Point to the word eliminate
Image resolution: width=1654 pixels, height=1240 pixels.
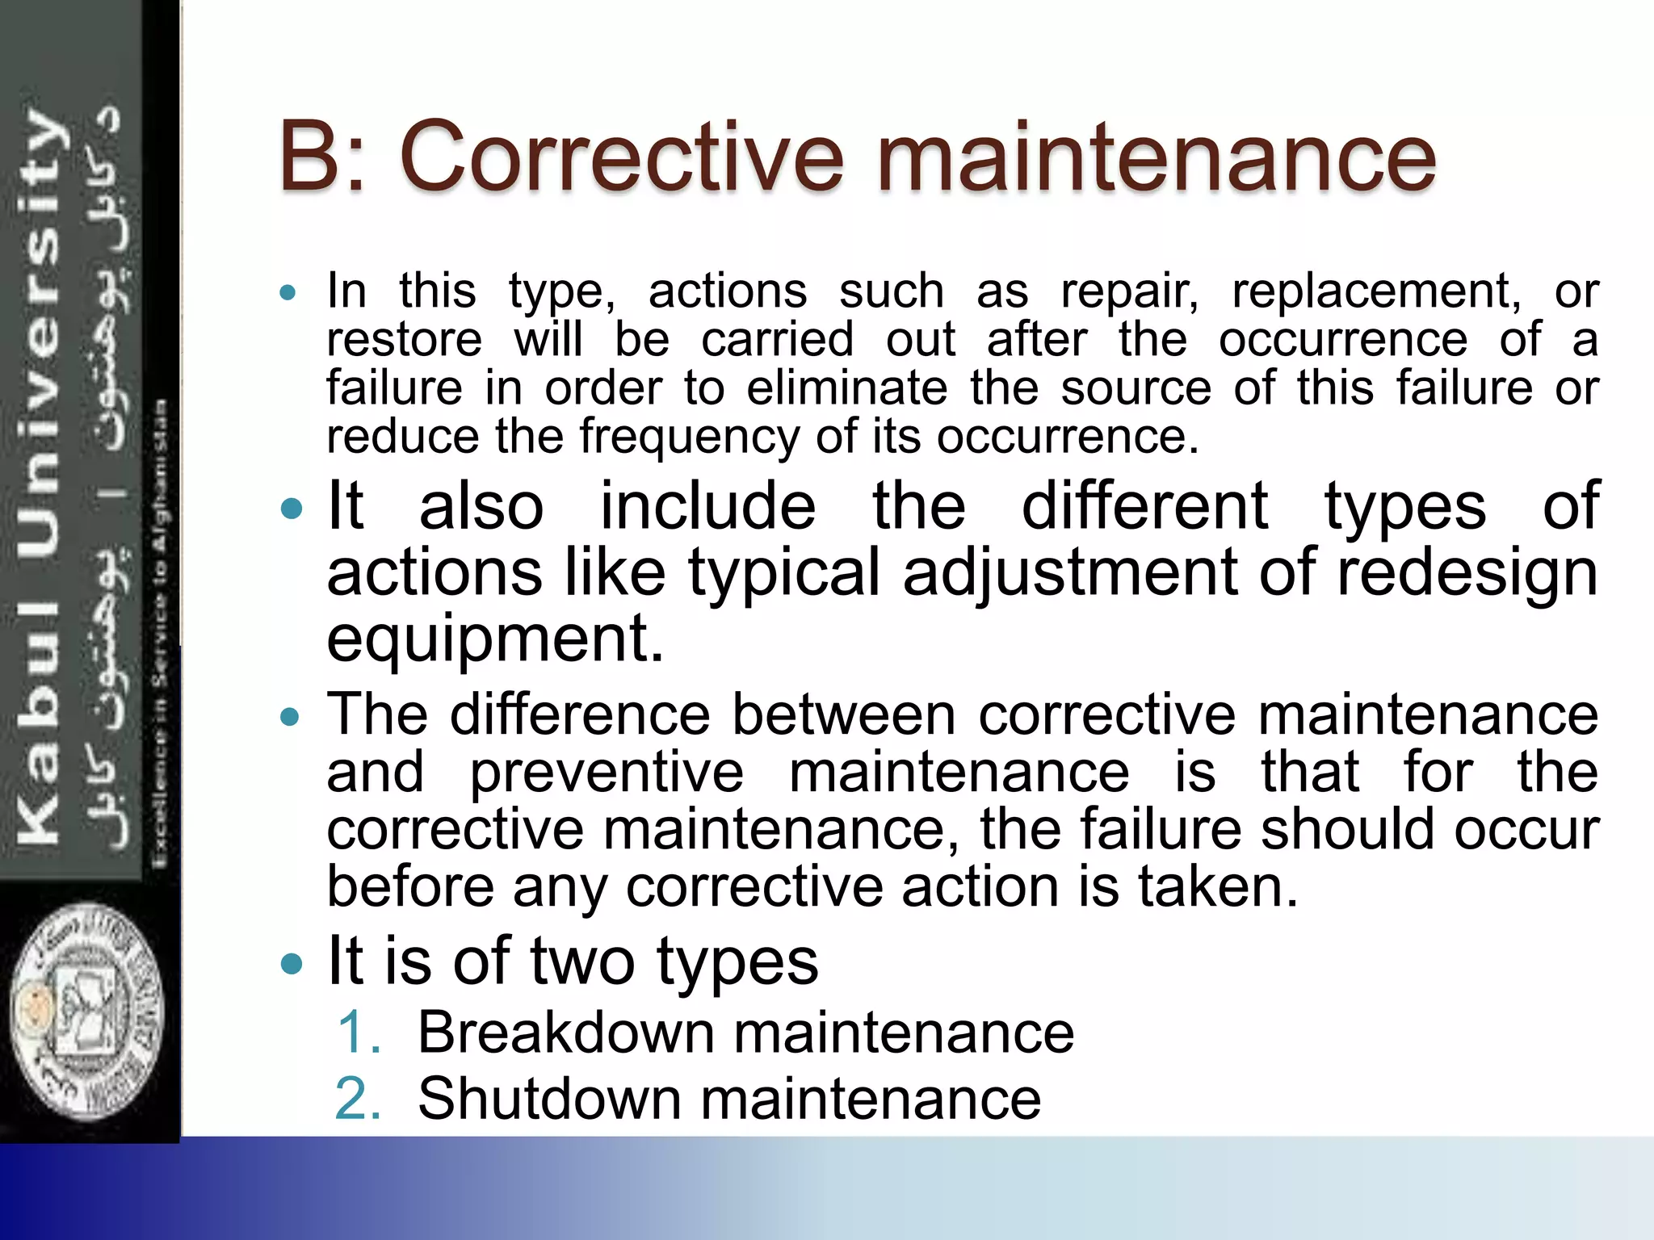(846, 388)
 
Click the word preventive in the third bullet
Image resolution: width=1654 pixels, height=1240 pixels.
(606, 773)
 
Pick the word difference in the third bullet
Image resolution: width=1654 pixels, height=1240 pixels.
(580, 715)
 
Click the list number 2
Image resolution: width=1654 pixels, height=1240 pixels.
(359, 1099)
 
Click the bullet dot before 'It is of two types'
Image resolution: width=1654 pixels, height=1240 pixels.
(290, 963)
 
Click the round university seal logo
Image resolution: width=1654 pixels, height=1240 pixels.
(87, 1011)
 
